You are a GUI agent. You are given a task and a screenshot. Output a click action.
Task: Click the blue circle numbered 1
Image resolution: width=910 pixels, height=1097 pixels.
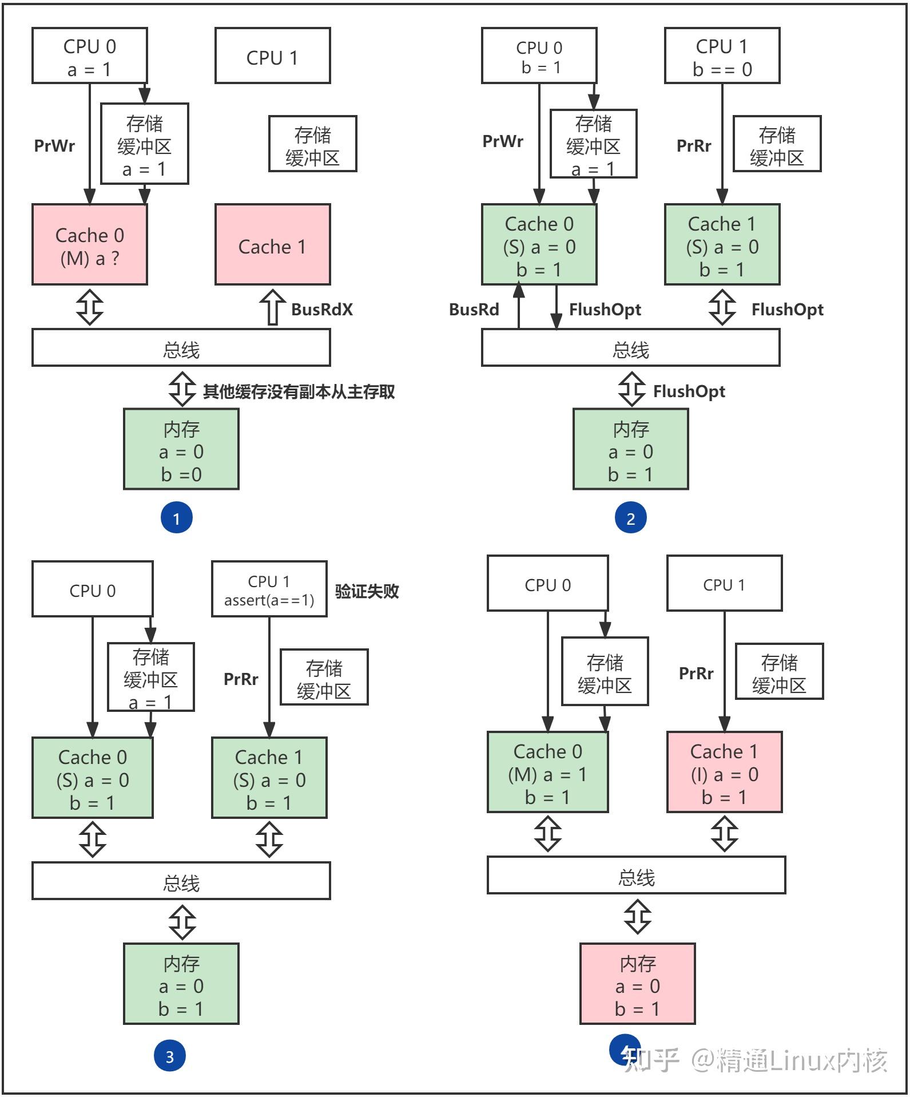[x=176, y=518]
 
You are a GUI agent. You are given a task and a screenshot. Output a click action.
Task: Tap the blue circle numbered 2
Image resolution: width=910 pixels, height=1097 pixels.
[x=630, y=518]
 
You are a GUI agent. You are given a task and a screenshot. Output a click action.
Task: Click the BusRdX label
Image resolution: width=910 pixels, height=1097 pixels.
[x=322, y=310]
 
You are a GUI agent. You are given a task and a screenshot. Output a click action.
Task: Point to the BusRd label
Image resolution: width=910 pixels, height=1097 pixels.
[x=474, y=310]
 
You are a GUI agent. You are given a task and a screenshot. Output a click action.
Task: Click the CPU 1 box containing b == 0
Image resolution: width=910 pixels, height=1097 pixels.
[x=722, y=56]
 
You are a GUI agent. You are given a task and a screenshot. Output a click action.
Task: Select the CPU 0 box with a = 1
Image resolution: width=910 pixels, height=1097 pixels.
[x=90, y=56]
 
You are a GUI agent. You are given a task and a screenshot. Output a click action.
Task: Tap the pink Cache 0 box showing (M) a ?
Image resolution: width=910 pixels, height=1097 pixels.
[x=90, y=245]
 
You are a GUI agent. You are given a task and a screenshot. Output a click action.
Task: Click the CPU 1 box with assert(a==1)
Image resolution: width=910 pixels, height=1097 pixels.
[x=269, y=589]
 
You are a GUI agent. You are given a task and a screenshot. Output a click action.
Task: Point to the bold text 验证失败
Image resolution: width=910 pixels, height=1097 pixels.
[x=367, y=591]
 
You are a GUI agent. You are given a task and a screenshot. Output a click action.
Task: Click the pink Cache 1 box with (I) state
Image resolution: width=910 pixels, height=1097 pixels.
[x=724, y=772]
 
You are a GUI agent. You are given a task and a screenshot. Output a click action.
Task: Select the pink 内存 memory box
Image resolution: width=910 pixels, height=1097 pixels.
[x=637, y=984]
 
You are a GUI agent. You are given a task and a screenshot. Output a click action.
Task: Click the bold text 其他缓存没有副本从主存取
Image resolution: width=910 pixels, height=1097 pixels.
[x=299, y=392]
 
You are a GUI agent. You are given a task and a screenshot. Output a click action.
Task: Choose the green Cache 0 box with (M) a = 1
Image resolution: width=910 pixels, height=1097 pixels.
[x=547, y=772]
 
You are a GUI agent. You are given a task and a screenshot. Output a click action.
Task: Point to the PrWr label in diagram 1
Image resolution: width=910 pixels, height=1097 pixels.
[x=54, y=146]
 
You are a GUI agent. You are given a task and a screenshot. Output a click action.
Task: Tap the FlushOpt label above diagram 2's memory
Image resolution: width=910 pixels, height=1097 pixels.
[x=689, y=392]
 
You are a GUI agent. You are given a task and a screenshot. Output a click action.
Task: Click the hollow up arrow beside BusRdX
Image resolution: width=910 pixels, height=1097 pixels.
[x=273, y=307]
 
